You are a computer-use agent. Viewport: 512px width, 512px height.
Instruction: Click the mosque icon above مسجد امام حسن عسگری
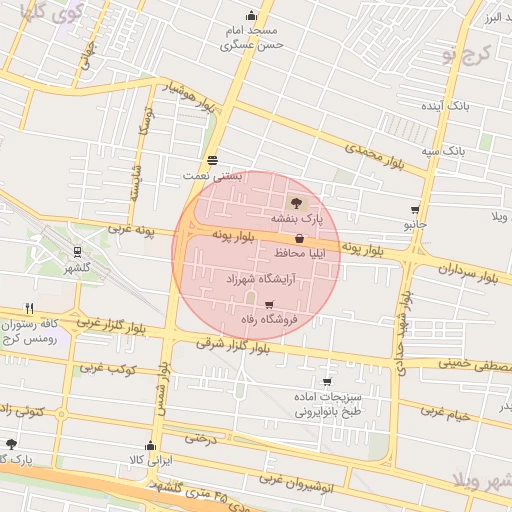250,16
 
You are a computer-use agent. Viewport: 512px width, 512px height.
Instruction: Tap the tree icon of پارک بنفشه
295,203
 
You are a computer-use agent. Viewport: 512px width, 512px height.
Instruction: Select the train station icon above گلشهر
76,253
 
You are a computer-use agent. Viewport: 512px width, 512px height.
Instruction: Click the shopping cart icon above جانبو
415,210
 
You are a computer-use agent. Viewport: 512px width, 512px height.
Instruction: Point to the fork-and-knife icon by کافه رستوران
30,308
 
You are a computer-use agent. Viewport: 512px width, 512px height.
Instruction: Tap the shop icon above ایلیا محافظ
300,238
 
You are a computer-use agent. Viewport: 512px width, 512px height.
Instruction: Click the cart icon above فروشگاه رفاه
268,304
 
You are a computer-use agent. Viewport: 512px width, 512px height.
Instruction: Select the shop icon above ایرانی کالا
151,446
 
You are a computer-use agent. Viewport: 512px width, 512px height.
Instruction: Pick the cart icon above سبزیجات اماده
327,382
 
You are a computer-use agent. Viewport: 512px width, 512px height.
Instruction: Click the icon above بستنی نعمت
212,160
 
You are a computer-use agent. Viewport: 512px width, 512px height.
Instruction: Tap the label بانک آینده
446,104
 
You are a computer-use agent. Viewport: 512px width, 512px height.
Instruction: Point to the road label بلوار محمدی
374,154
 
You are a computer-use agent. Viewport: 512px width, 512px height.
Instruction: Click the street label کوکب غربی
108,371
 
